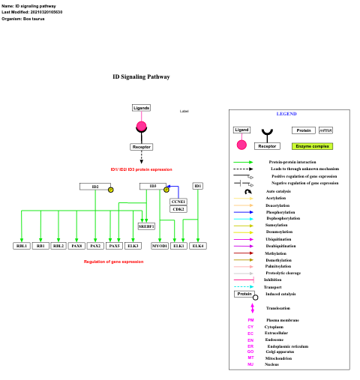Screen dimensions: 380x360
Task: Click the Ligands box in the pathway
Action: click(141, 108)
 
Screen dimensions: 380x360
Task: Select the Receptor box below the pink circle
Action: click(141, 147)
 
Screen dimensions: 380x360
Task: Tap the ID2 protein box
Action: click(95, 187)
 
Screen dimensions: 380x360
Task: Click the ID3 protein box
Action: click(152, 187)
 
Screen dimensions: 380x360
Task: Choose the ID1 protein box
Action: click(198, 186)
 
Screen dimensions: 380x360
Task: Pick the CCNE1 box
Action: click(178, 202)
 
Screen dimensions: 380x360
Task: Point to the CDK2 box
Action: click(178, 209)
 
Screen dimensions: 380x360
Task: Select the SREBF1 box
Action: click(146, 226)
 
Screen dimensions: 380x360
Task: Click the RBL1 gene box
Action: click(22, 246)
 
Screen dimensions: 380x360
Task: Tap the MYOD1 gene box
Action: click(160, 246)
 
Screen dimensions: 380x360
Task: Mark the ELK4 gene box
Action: click(198, 246)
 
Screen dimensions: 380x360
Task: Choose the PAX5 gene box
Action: click(114, 246)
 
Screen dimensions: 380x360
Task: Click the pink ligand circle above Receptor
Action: click(141, 127)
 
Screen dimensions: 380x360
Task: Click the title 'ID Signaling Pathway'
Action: click(141, 76)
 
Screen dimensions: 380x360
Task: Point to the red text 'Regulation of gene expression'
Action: click(113, 262)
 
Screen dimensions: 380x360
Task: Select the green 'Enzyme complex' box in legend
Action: click(313, 146)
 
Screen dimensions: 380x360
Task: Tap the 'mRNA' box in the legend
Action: click(325, 130)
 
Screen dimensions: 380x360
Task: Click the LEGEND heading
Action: click(286, 114)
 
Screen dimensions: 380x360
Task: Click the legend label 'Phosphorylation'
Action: click(280, 212)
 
